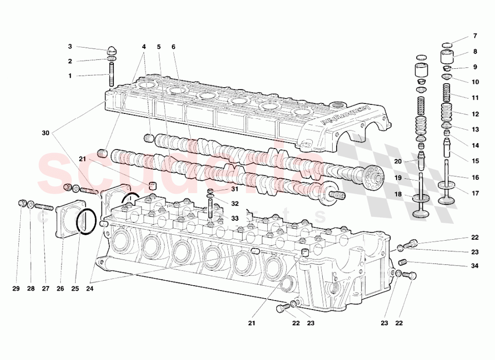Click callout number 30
point(46,133)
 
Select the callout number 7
point(475,36)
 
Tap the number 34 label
point(475,266)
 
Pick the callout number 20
point(397,161)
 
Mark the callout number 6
point(174,47)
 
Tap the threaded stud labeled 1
point(112,74)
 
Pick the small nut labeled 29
point(22,203)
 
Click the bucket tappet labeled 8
point(448,55)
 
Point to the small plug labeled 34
point(402,261)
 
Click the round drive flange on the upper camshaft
point(372,177)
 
